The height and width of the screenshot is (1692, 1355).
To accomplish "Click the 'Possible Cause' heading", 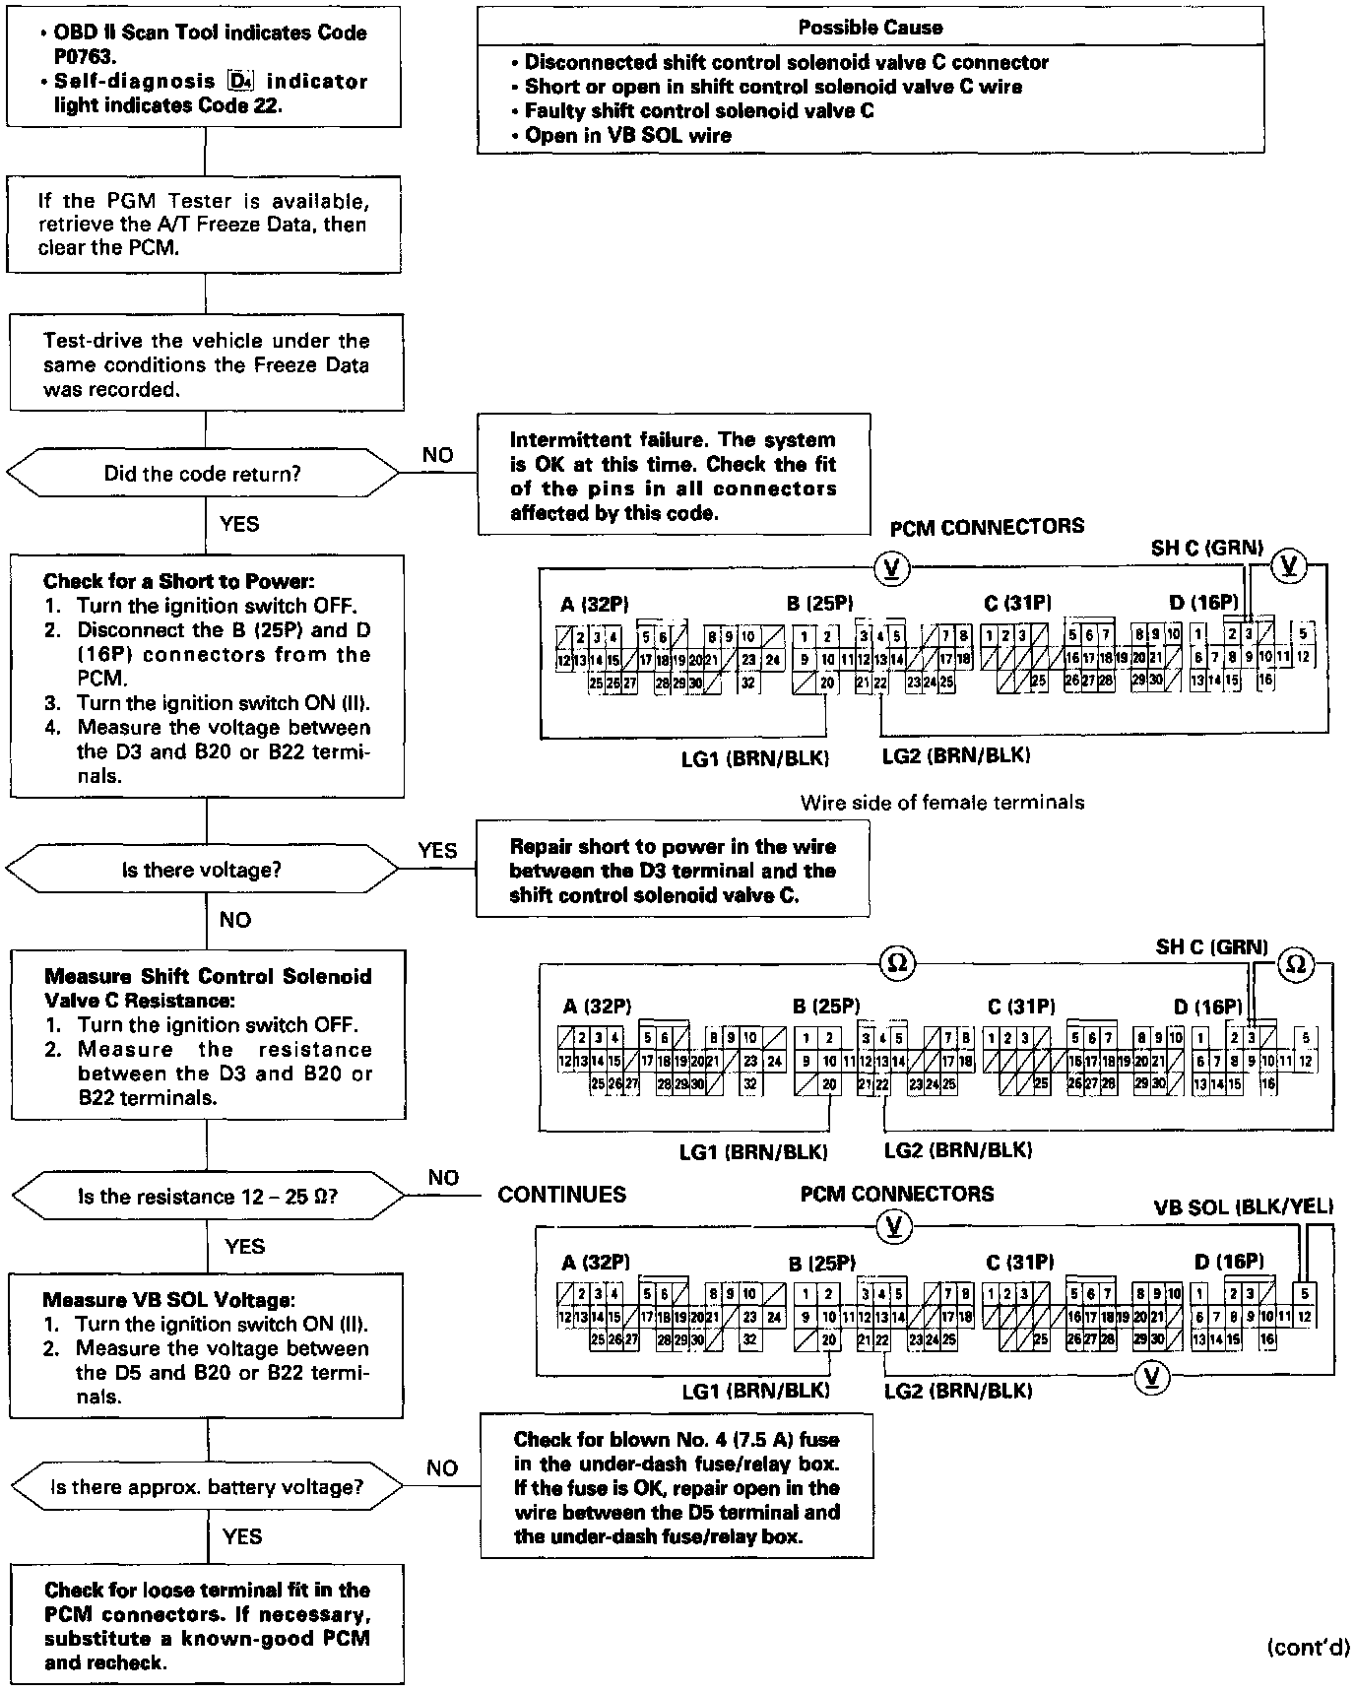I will point(870,28).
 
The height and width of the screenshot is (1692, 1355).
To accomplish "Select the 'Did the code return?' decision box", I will point(203,474).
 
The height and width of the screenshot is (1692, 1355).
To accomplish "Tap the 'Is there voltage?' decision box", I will point(203,870).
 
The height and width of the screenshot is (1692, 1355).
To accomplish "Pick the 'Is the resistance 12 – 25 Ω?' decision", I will point(207,1197).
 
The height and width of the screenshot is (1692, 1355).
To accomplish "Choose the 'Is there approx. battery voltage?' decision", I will point(207,1487).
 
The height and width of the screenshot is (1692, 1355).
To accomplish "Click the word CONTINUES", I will point(561,1195).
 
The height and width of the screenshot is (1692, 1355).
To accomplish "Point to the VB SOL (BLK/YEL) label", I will point(1243,1206).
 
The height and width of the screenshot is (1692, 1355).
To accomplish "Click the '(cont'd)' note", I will point(1308,1647).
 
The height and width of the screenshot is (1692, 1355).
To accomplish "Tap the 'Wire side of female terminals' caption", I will point(942,803).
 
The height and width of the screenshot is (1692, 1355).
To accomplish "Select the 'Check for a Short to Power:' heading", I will point(178,581).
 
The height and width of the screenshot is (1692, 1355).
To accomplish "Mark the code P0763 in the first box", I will point(85,57).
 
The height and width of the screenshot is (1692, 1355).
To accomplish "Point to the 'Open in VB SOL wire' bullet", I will point(627,136).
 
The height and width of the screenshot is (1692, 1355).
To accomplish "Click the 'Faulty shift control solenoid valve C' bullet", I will point(698,111).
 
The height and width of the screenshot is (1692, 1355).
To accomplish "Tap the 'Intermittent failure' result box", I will point(674,476).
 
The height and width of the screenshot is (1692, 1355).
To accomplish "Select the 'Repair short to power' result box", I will point(673,871).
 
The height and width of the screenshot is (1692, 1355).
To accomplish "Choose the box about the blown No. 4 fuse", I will point(677,1487).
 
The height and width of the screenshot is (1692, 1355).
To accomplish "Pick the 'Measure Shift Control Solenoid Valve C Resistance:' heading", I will point(208,988).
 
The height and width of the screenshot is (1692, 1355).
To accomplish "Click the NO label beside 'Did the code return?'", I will point(437,455).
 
